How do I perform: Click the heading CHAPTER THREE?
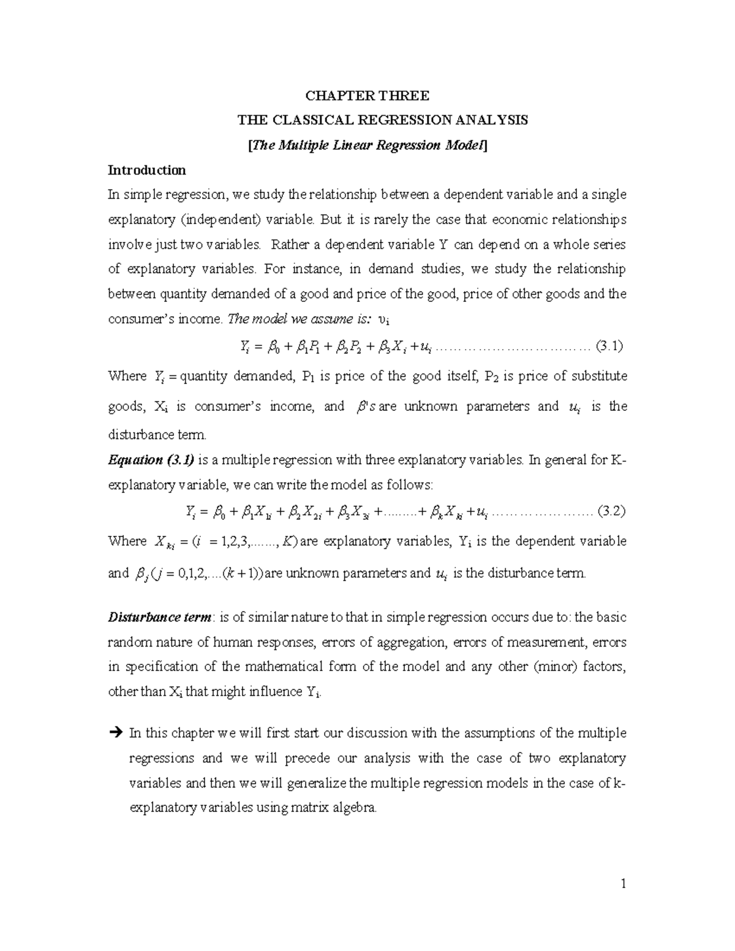[367, 96]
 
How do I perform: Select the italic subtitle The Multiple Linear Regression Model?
[367, 146]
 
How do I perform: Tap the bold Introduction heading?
[146, 170]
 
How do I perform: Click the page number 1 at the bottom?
[623, 884]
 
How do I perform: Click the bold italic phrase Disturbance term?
[160, 617]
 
